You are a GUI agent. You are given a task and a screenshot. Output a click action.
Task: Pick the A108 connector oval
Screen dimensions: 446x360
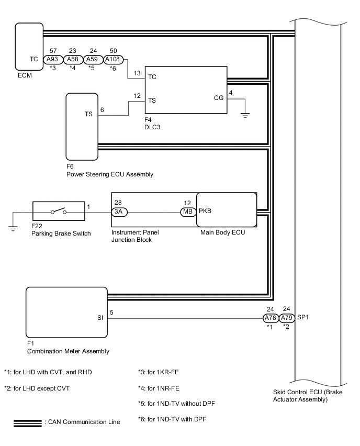[114, 60]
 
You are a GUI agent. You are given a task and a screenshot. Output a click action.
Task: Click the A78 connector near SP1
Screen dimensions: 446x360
[270, 317]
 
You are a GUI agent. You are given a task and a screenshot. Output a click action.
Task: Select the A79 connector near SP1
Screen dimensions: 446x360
[286, 317]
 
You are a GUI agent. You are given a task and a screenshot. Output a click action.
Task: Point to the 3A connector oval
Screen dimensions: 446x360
[119, 212]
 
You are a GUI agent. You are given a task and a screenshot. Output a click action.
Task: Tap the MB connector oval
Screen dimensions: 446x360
[187, 212]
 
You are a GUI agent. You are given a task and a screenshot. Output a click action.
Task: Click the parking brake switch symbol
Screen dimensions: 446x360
[58, 212]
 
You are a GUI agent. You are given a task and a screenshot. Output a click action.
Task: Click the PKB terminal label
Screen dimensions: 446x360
[205, 212]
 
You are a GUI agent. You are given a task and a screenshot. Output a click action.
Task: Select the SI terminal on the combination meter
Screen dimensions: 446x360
[99, 317]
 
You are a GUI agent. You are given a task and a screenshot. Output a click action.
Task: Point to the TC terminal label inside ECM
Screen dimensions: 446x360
[33, 60]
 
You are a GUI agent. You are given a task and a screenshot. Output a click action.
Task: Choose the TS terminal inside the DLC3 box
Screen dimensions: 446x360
[152, 100]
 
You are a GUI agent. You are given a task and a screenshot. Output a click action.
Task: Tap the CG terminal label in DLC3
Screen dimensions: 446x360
[219, 97]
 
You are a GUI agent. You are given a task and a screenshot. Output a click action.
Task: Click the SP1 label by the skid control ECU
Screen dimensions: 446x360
[303, 317]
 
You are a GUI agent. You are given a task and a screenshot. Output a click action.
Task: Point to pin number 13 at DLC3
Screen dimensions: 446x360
[137, 73]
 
